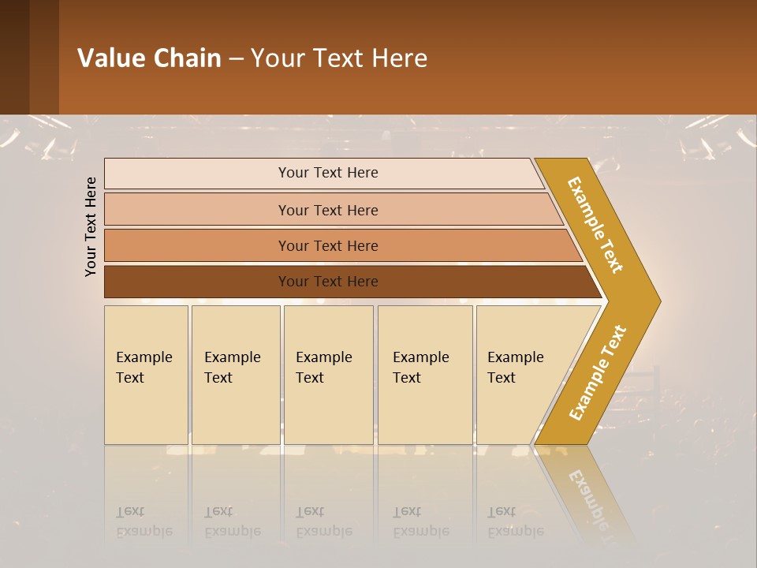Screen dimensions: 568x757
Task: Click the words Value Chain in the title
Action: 149,58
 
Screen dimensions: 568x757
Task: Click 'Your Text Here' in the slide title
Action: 339,58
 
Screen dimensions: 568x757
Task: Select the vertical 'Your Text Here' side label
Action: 91,227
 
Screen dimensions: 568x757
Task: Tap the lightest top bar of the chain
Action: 327,173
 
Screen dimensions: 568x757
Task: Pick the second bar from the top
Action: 327,210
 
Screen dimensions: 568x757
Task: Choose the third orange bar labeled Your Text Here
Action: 327,245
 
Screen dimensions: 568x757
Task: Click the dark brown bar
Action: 327,282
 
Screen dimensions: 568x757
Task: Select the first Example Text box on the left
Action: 146,375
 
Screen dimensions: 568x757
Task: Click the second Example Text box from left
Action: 235,375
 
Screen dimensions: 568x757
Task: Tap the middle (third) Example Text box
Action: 328,375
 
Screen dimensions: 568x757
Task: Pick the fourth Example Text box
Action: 425,375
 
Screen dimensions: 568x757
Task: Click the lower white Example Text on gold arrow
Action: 598,372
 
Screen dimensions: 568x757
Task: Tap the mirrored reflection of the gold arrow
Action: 587,493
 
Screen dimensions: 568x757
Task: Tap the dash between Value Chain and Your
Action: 236,59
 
